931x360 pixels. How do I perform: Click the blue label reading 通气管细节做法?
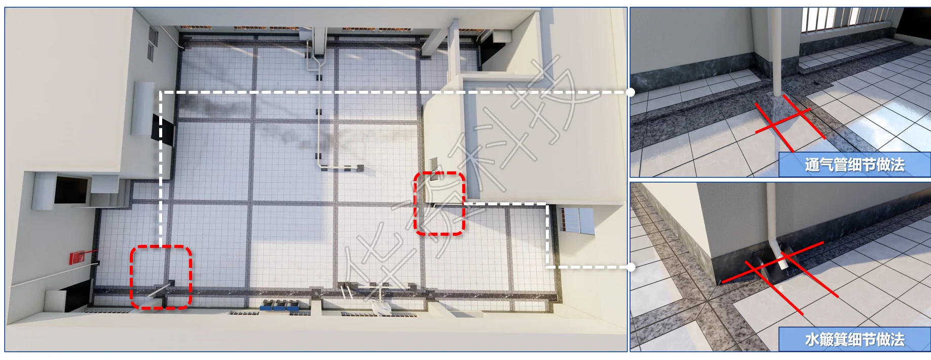854,164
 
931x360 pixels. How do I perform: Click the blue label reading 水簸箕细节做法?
854,339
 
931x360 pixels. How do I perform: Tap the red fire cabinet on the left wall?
77,257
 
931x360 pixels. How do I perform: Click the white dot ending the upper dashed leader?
630,92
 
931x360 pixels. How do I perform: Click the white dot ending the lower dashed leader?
630,267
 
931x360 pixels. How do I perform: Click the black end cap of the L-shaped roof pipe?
360,167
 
